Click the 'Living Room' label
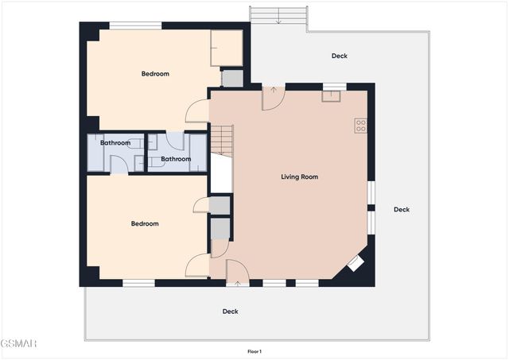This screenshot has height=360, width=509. click(299, 176)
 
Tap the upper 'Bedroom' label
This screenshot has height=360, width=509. click(155, 74)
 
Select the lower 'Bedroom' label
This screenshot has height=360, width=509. click(145, 223)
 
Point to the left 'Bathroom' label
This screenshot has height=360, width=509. click(115, 143)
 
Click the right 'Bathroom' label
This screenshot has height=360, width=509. click(176, 159)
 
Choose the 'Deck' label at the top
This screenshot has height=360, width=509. click(340, 56)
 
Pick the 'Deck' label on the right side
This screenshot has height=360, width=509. click(402, 210)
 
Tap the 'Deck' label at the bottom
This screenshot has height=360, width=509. click(230, 312)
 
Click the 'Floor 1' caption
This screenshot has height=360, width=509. click(254, 351)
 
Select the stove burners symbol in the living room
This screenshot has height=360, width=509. click(360, 125)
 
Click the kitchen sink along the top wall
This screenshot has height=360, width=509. click(330, 97)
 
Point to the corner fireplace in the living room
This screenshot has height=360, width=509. click(356, 264)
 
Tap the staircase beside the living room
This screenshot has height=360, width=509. click(221, 141)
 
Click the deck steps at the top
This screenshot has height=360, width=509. click(278, 16)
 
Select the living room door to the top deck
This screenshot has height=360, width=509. click(273, 97)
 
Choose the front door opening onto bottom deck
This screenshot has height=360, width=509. click(237, 273)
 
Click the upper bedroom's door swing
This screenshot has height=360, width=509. click(197, 112)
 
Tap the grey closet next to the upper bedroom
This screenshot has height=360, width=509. click(232, 78)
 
